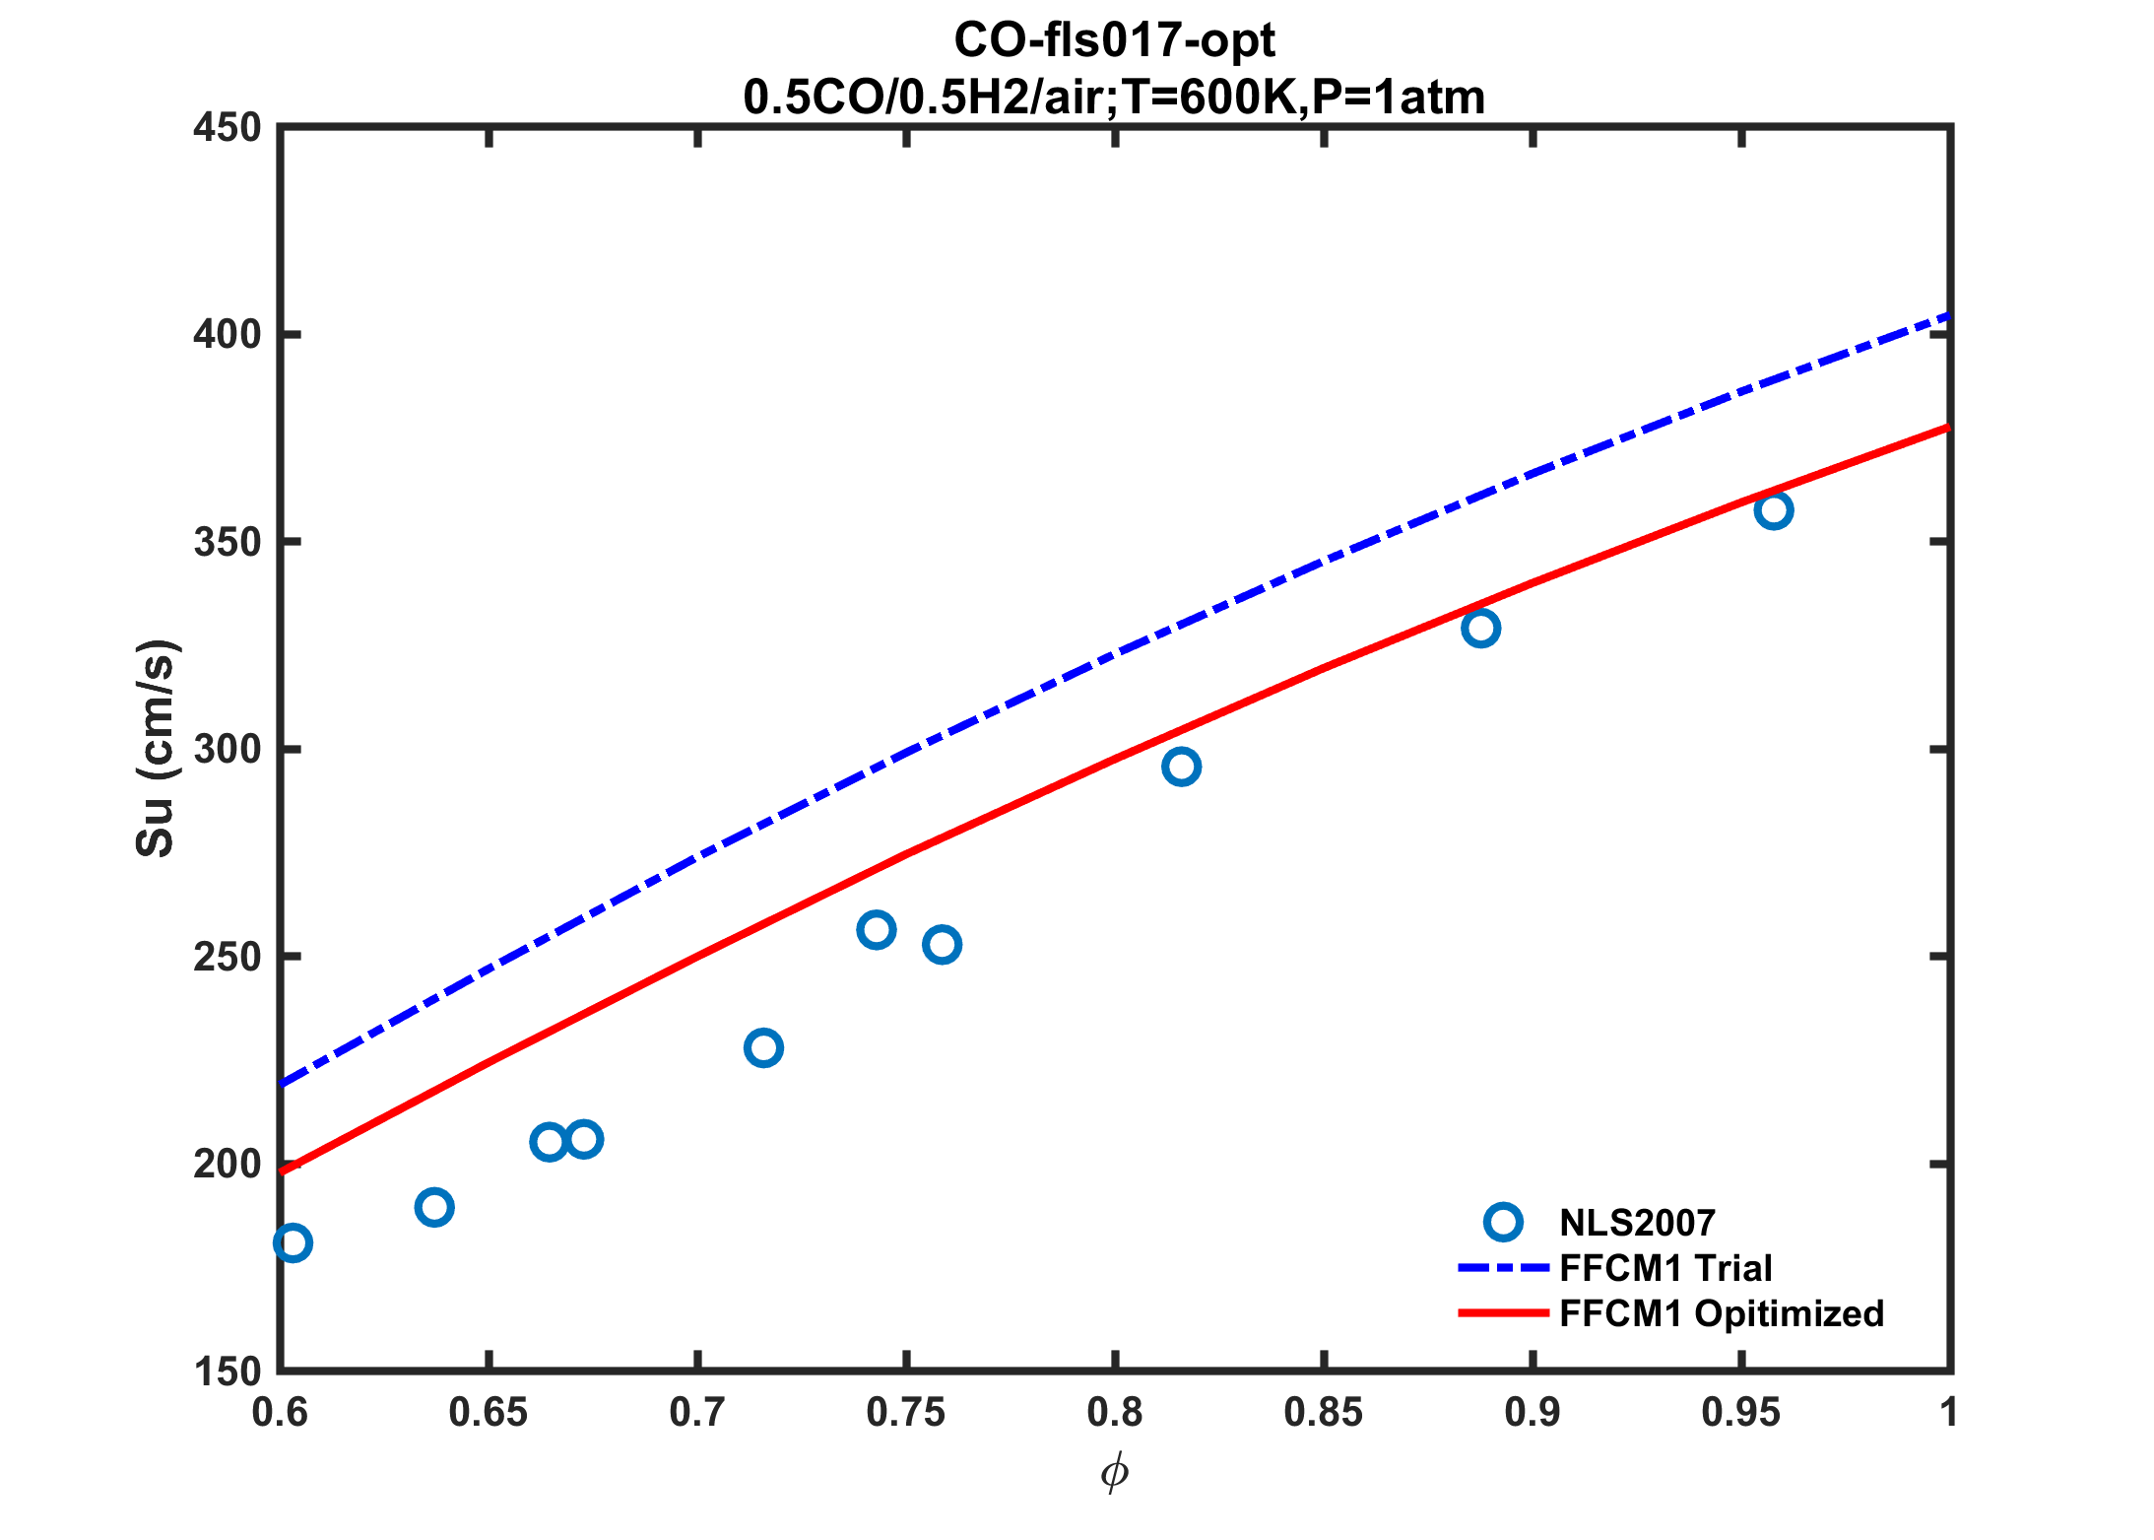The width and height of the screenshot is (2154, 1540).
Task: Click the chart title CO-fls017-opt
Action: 1114,40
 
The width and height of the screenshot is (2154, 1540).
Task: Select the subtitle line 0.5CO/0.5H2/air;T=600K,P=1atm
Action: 1114,98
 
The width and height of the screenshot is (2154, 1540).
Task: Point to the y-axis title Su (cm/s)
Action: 156,748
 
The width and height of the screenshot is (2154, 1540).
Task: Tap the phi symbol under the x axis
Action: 1114,1473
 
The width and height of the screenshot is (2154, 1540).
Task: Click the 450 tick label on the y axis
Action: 227,128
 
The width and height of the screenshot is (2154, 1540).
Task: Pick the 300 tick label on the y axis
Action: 227,750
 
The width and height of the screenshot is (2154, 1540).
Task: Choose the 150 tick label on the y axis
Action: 227,1372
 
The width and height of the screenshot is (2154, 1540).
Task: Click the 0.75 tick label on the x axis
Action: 905,1413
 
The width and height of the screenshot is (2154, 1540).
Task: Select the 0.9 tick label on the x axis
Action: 1532,1413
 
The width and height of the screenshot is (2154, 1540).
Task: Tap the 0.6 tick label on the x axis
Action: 280,1413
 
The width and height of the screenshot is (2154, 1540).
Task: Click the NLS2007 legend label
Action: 1637,1223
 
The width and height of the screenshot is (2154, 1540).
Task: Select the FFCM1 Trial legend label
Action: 1665,1268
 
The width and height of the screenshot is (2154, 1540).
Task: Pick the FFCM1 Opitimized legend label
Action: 1722,1313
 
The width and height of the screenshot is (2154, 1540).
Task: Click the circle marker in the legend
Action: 1503,1222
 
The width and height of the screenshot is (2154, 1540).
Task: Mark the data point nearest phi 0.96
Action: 1774,510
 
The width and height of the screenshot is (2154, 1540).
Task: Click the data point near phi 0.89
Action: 1480,628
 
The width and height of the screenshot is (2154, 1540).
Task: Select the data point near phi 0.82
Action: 1181,767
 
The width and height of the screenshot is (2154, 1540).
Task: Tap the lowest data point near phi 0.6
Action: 293,1243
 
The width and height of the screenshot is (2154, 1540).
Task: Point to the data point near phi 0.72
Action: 763,1047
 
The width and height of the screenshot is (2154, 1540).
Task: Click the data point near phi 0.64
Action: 434,1207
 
